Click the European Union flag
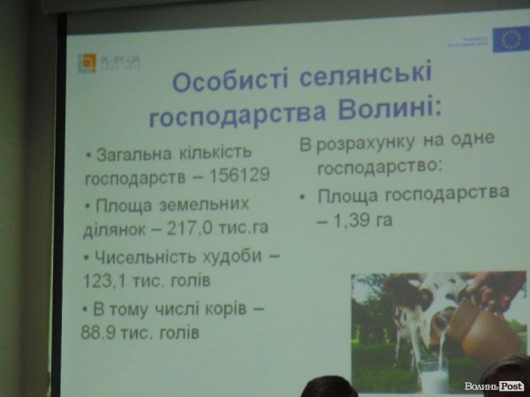click(x=510, y=39)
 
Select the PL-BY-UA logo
click(x=110, y=63)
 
